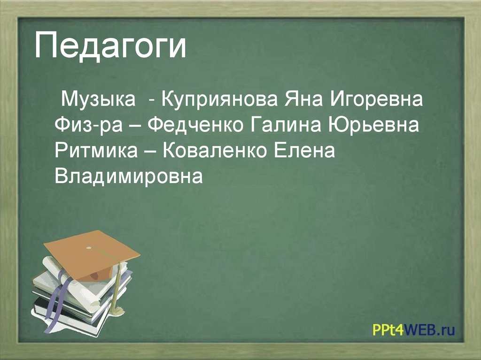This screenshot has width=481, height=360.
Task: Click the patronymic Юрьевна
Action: [372, 126]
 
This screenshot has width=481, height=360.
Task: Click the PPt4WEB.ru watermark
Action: [413, 330]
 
